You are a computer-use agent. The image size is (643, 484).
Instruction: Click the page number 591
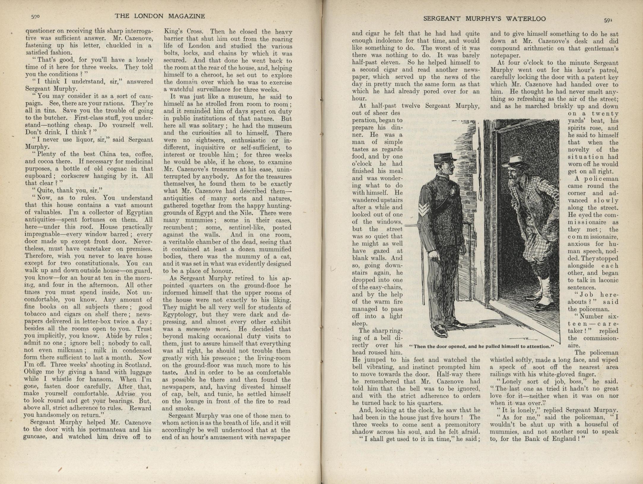click(x=608, y=20)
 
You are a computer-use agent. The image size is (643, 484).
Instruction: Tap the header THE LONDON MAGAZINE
click(x=160, y=16)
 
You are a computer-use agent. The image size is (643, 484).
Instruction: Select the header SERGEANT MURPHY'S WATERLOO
click(x=484, y=19)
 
